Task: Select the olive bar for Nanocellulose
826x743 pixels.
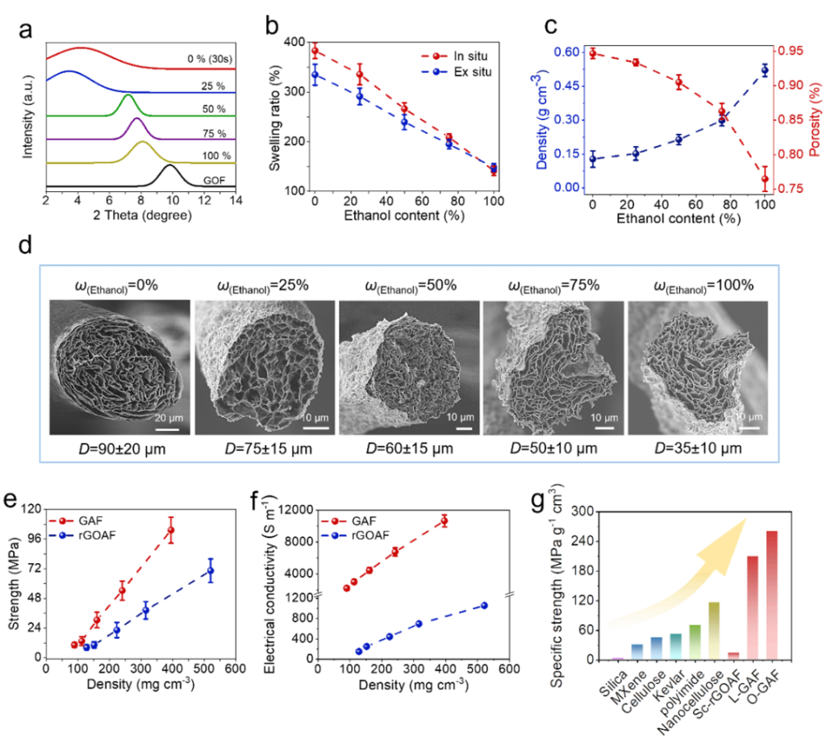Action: (x=713, y=629)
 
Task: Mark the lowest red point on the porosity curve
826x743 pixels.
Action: (x=765, y=178)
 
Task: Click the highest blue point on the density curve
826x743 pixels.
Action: (x=765, y=69)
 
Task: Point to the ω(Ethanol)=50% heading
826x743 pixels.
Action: (x=410, y=286)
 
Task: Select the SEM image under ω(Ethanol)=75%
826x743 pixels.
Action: (x=553, y=368)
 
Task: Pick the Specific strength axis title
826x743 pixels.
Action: (x=557, y=585)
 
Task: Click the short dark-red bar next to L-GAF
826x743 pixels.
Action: (x=733, y=654)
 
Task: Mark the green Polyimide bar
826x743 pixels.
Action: (x=694, y=641)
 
